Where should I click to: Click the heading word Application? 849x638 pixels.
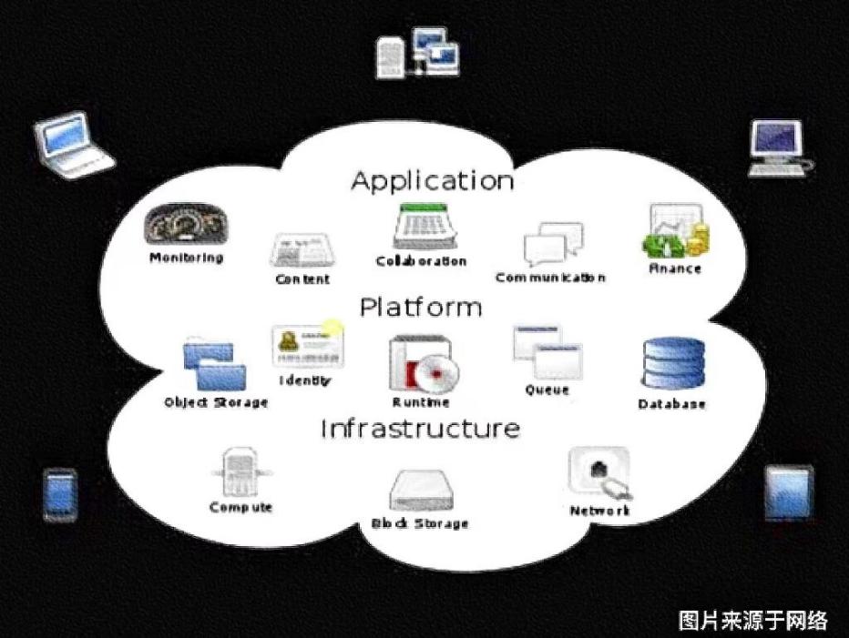pyautogui.click(x=432, y=180)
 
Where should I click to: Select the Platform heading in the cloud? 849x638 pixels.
pyautogui.click(x=420, y=307)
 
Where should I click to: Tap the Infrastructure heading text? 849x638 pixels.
pyautogui.click(x=420, y=428)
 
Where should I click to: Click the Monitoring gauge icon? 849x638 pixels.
pyautogui.click(x=185, y=225)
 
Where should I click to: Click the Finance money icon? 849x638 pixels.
pyautogui.click(x=676, y=231)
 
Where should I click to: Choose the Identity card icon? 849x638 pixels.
pyautogui.click(x=303, y=346)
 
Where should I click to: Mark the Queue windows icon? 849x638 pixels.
pyautogui.click(x=546, y=352)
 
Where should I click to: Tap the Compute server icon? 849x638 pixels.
pyautogui.click(x=240, y=472)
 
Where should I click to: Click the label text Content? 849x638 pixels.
pyautogui.click(x=302, y=278)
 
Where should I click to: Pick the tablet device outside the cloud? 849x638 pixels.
pyautogui.click(x=788, y=494)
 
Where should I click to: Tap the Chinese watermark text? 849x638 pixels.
pyautogui.click(x=753, y=621)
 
